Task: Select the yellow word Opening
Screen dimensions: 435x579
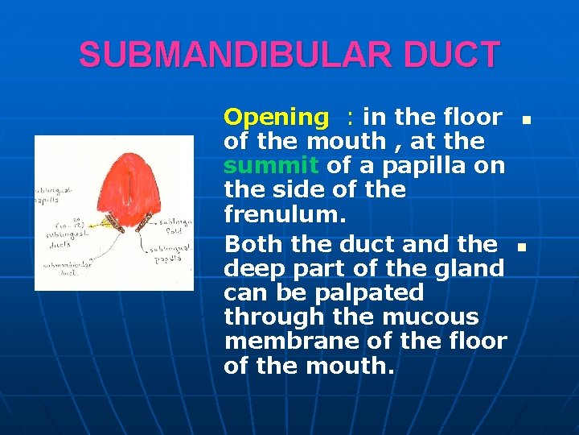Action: pyautogui.click(x=276, y=118)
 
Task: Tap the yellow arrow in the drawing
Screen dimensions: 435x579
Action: pyautogui.click(x=101, y=223)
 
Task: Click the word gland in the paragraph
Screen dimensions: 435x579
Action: pyautogui.click(x=473, y=268)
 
